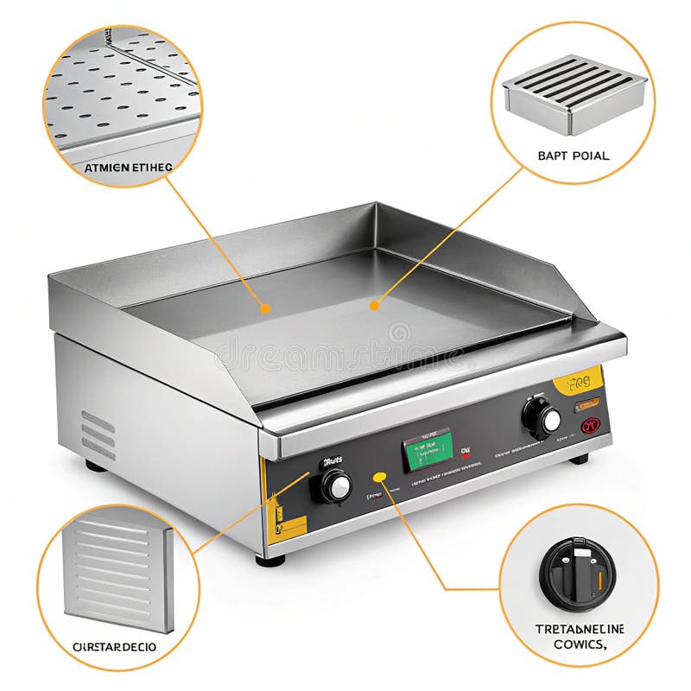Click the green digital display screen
pyautogui.click(x=428, y=450)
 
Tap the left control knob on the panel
pyautogui.click(x=336, y=485)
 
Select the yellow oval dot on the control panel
pyautogui.click(x=378, y=476)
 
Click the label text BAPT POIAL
pyautogui.click(x=573, y=156)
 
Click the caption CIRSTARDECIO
pyautogui.click(x=115, y=646)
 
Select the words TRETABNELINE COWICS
pyautogui.click(x=580, y=637)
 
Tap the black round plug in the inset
pyautogui.click(x=577, y=574)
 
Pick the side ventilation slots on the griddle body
pyautogui.click(x=98, y=434)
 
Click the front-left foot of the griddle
pyautogui.click(x=270, y=560)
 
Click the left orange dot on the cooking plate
pyautogui.click(x=265, y=307)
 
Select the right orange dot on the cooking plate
pyautogui.click(x=374, y=304)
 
